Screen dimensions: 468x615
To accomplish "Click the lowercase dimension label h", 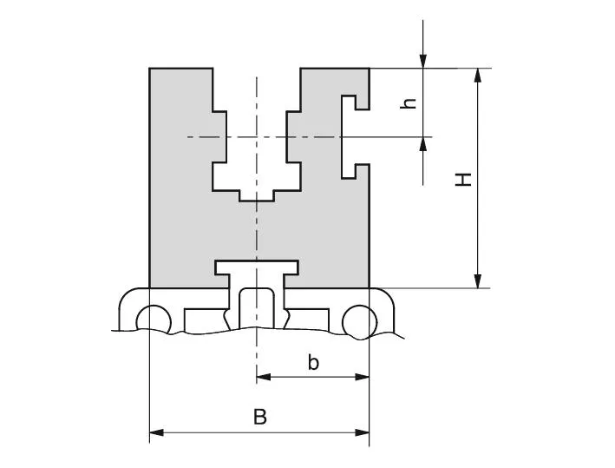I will (x=410, y=102).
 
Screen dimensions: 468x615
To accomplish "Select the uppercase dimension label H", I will (x=465, y=180).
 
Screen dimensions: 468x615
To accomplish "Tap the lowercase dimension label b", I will (x=313, y=363).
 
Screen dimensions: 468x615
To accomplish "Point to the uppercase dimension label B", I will (x=259, y=417).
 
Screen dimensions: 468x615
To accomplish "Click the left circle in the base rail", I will (x=153, y=320).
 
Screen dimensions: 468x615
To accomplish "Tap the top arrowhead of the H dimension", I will (x=477, y=76).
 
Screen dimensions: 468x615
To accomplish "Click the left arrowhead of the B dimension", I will (x=157, y=432).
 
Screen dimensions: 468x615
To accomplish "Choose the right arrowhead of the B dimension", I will (x=362, y=432).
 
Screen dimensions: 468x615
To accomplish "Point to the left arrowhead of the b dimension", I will (x=264, y=377).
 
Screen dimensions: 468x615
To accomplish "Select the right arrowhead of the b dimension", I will (x=362, y=377).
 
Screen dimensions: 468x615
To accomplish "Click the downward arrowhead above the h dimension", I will (x=422, y=60).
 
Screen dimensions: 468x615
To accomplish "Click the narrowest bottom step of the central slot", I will (x=257, y=195).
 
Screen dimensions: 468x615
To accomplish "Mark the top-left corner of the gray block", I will (x=150, y=68).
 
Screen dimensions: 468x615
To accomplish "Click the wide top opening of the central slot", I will (x=257, y=87).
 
